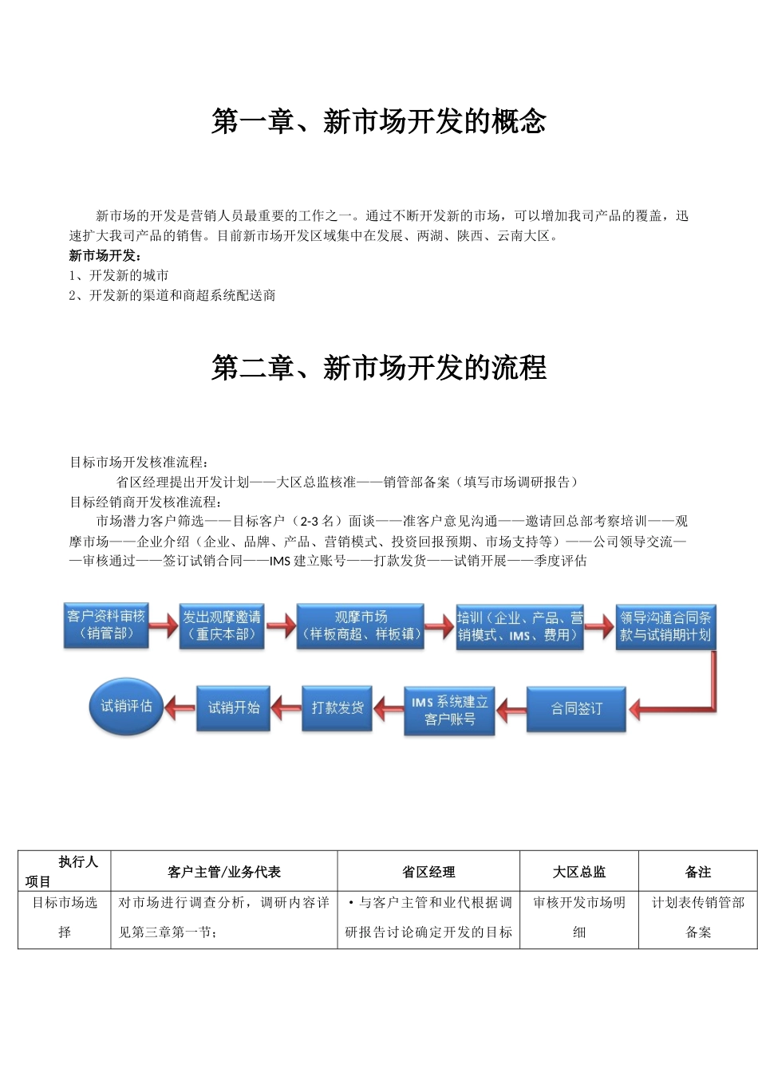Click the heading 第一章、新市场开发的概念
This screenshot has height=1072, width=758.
coord(379,122)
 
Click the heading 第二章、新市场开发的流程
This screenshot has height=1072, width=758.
coord(379,368)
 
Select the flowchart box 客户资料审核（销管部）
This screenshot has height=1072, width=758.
coord(106,625)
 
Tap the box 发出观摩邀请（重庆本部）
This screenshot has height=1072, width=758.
coord(222,626)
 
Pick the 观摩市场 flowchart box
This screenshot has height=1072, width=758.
coord(361,626)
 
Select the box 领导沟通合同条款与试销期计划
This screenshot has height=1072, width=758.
coord(665,627)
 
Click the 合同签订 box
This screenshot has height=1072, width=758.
coord(576,709)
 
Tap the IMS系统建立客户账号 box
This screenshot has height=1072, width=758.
coord(449,711)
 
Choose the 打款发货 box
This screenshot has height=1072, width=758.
coord(338,707)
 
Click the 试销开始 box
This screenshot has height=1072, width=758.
coord(234,707)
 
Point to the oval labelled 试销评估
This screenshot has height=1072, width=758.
coord(126,706)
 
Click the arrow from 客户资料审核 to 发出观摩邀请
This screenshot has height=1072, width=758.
coord(164,625)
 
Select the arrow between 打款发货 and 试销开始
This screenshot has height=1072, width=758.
coord(286,707)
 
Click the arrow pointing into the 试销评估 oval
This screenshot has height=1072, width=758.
coord(180,707)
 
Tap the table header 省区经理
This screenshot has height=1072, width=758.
coord(428,872)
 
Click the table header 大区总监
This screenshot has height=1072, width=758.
coord(579,872)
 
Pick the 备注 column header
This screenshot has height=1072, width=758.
coord(698,872)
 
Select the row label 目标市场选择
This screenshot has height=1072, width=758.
coord(65,917)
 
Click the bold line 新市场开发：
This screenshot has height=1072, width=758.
coord(105,255)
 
